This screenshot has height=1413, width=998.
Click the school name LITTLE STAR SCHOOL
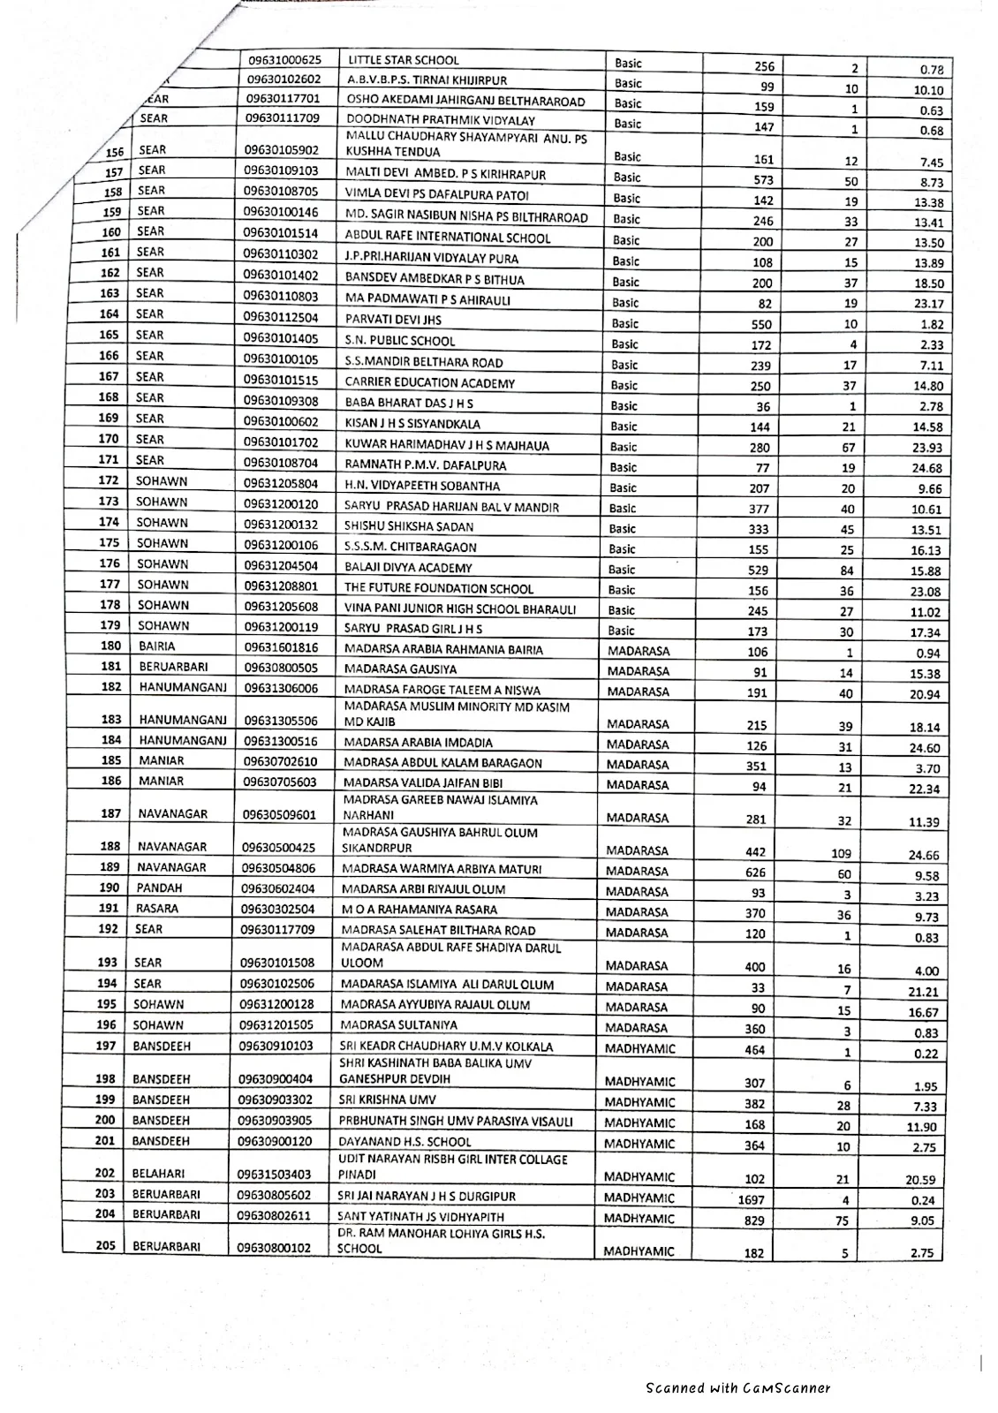coord(404,61)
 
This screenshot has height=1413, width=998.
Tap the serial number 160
coord(110,232)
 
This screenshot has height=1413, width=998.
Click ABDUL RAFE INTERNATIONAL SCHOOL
coord(447,238)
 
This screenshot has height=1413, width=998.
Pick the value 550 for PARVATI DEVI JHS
coord(760,324)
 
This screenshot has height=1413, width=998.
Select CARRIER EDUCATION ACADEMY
coord(429,383)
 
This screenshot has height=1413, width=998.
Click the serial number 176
coord(109,564)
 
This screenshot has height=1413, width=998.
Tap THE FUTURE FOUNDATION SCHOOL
coord(439,588)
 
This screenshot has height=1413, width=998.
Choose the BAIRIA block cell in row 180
coord(156,646)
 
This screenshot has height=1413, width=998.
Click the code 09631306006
coord(283,688)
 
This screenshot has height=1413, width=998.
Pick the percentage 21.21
coord(926,992)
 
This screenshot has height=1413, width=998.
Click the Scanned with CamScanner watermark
coord(737,1388)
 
